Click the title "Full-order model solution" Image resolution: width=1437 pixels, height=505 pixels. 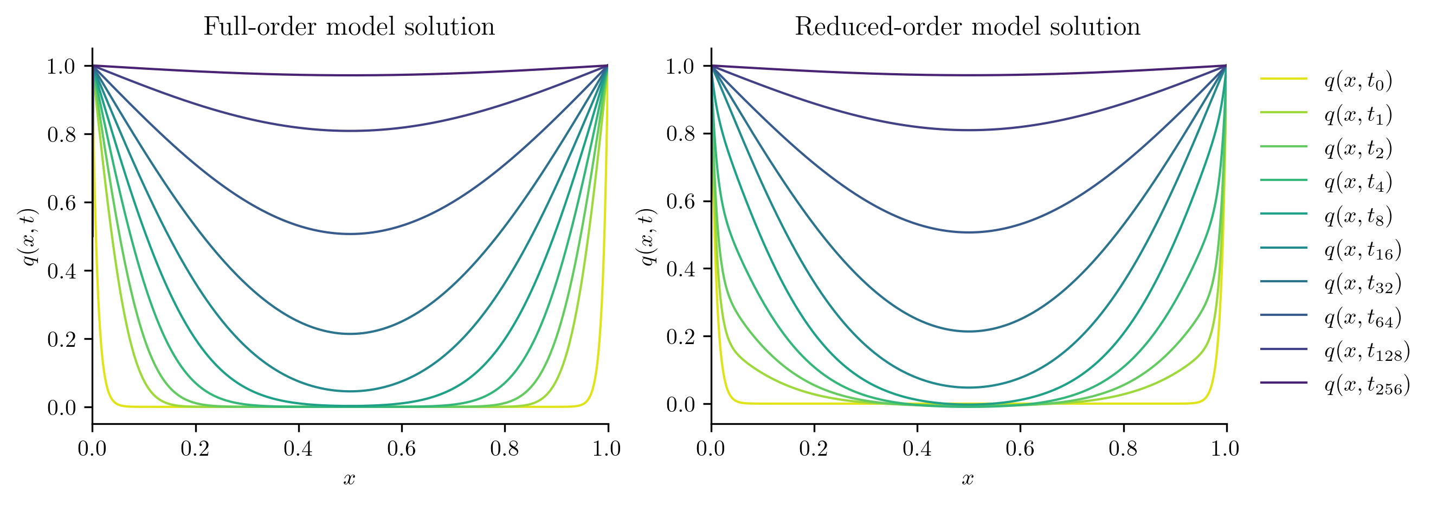[x=349, y=27]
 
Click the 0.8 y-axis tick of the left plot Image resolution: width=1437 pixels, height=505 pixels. [x=61, y=134]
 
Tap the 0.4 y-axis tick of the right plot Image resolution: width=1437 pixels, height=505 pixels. [x=681, y=269]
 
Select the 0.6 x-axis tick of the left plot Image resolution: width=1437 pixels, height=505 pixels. [x=402, y=449]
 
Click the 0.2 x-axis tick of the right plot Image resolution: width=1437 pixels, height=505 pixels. [x=814, y=449]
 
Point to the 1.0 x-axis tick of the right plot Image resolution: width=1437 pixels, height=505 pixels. [x=1226, y=449]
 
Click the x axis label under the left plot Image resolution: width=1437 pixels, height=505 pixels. [x=350, y=478]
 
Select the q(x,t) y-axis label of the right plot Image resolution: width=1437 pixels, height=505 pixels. [x=647, y=237]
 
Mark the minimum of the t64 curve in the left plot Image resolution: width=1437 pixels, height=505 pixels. [x=350, y=234]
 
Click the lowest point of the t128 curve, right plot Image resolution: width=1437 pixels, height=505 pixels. [x=969, y=130]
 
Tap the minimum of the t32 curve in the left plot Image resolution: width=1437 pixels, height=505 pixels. [x=350, y=334]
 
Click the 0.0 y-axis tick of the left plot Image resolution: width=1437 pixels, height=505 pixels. [x=61, y=407]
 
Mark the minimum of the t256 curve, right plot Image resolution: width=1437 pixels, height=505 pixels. [x=969, y=75]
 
